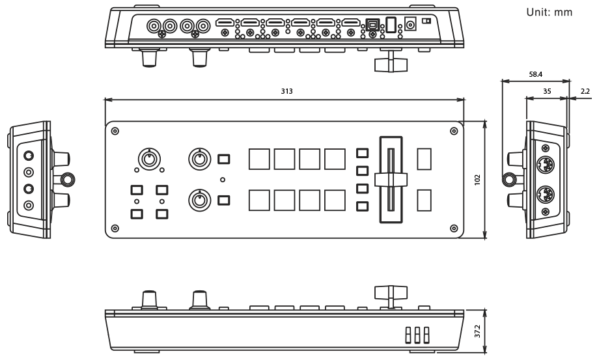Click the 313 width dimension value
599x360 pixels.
click(x=286, y=92)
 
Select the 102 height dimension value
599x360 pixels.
click(x=477, y=178)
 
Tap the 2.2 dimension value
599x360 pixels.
click(x=585, y=92)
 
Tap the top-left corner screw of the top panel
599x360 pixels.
click(x=115, y=131)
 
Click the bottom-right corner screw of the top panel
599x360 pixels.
click(x=453, y=227)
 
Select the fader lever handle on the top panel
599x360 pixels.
click(x=390, y=178)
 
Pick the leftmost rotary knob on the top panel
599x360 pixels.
click(x=149, y=158)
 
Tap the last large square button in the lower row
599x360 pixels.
click(x=335, y=200)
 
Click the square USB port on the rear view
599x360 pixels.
click(x=372, y=24)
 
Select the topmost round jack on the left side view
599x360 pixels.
click(x=29, y=156)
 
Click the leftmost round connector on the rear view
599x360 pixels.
click(x=155, y=26)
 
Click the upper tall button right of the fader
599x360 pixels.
click(x=424, y=159)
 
